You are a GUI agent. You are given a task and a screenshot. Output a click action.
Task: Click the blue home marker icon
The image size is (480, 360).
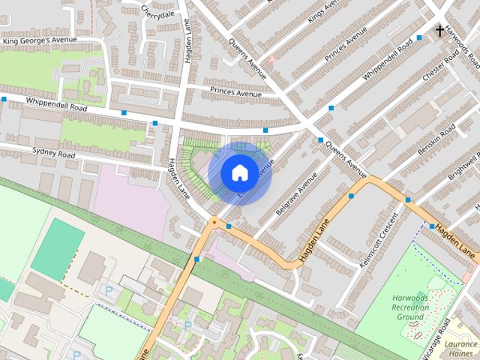coord(239,172)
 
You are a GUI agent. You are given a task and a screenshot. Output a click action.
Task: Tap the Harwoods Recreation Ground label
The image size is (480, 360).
coord(411,307)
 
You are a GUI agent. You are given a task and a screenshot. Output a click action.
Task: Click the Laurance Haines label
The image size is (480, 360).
coord(460,348)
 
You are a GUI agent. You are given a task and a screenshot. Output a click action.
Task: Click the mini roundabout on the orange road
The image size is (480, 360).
coord(214,222)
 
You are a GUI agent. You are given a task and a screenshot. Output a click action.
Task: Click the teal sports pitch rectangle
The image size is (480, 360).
coord(58,250)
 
